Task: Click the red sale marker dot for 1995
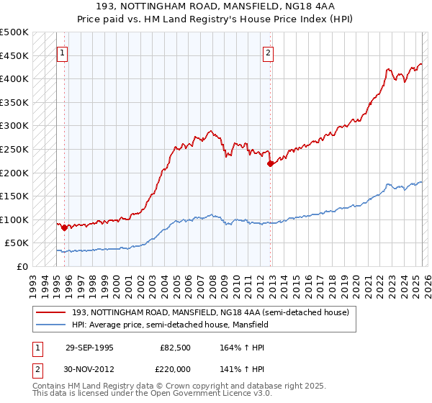(64, 228)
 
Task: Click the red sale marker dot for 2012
(270, 163)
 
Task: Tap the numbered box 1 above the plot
(63, 53)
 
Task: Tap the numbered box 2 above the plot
(268, 53)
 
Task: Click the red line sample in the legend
(51, 312)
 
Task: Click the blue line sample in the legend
(51, 325)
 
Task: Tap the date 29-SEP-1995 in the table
(89, 348)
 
